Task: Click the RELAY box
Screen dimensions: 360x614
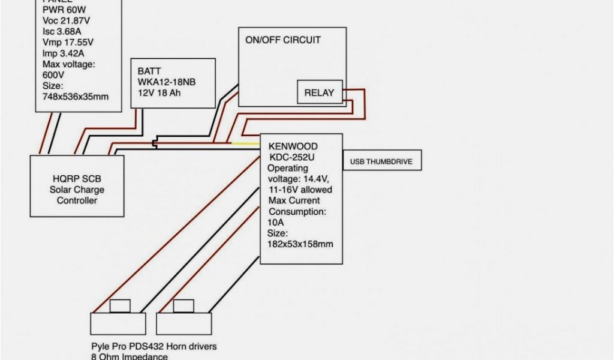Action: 320,92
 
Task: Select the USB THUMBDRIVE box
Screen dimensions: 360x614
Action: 381,161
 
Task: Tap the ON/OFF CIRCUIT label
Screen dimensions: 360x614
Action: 282,40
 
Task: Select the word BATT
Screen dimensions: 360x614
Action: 149,71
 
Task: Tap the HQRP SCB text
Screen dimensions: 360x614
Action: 76,179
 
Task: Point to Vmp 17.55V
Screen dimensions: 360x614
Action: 68,42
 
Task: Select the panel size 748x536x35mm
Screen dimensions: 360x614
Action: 76,96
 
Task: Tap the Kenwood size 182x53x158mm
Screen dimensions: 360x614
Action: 300,244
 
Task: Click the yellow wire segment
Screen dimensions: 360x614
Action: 246,143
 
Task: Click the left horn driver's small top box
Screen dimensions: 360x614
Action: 120,306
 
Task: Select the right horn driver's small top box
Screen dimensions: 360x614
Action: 183,306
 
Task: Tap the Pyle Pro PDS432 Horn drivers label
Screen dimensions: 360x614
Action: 153,347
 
